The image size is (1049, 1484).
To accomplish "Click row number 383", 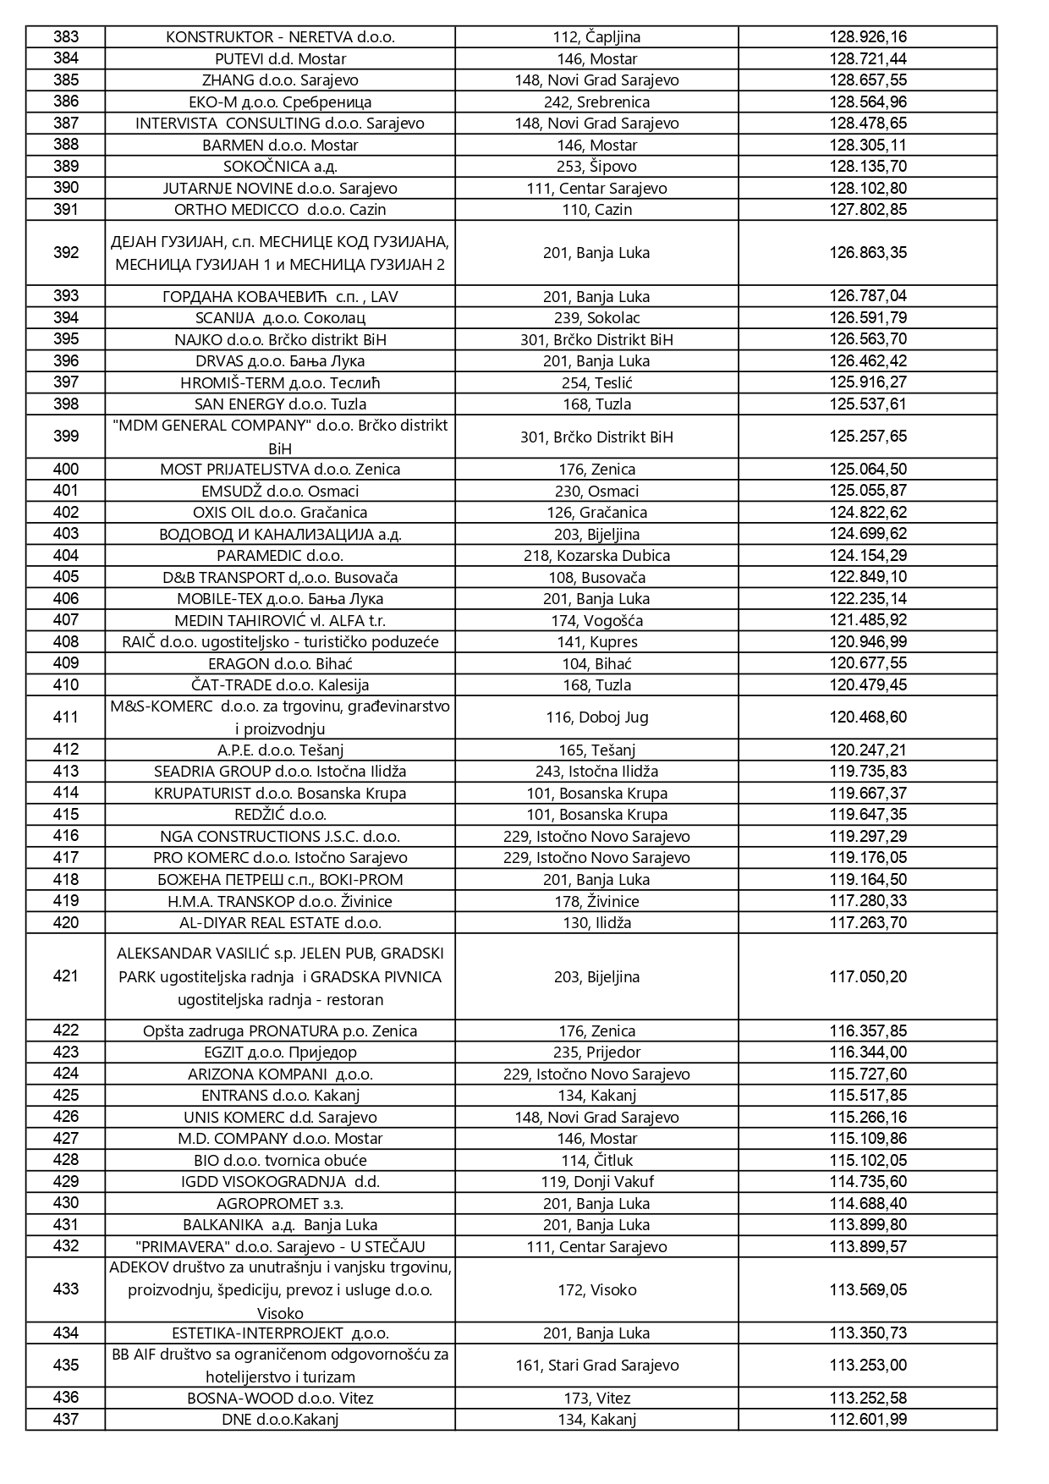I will (x=66, y=36).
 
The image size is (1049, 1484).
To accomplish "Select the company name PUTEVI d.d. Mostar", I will (x=280, y=58).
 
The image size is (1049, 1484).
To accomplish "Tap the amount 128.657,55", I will (x=868, y=80).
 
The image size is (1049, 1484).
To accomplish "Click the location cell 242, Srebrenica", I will (x=596, y=102).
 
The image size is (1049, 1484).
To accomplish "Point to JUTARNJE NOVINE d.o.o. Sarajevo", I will (x=280, y=188).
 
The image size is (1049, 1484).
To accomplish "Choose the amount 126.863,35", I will (x=868, y=252).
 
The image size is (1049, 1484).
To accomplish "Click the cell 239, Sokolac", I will (x=596, y=318).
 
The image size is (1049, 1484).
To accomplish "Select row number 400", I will (x=66, y=469).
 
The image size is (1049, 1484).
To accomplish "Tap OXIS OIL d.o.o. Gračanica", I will (x=280, y=512).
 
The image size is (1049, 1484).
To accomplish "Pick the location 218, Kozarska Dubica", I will (x=596, y=555).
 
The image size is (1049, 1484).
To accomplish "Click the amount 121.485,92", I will (x=868, y=620).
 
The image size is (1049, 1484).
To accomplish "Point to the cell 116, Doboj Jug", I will (x=596, y=717).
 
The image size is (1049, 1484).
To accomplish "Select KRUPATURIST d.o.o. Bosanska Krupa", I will (x=280, y=793).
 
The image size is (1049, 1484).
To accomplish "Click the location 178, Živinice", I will (x=596, y=901).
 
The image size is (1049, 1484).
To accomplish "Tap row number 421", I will (x=66, y=976).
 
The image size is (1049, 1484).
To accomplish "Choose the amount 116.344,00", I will (x=868, y=1052).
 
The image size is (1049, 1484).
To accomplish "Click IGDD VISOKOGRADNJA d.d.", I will (x=280, y=1181).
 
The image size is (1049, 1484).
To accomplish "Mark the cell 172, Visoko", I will (x=596, y=1289).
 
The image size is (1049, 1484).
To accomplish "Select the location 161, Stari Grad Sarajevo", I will (x=596, y=1365).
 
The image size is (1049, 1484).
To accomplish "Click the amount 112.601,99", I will (x=868, y=1419).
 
